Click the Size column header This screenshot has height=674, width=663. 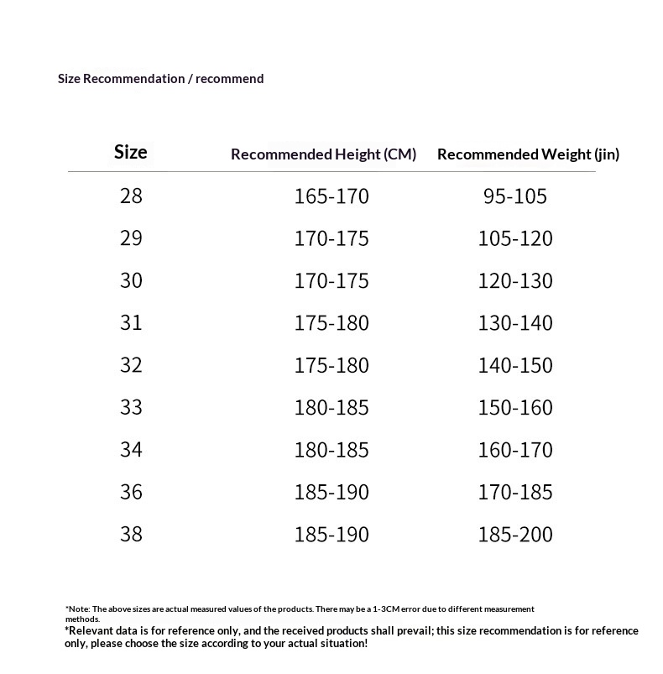pos(130,152)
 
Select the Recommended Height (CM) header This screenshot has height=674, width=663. pos(323,154)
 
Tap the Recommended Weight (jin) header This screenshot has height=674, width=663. pos(528,154)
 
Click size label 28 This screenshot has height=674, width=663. pos(131,196)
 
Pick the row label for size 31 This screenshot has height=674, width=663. pos(131,323)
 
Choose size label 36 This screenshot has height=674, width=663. pos(131,492)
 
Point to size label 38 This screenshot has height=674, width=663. pos(131,534)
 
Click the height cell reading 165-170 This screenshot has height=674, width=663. pos(331,196)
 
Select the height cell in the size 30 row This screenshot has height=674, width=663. pos(331,281)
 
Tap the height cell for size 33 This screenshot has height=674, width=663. pos(331,408)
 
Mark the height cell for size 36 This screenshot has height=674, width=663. pos(331,492)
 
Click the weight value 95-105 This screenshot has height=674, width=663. pos(514,196)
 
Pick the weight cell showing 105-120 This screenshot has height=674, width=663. pos(515,239)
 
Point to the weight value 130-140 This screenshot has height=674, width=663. pos(515,323)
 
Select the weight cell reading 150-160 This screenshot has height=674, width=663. pos(515,408)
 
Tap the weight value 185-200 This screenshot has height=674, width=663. pos(515,534)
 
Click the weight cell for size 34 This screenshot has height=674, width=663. pos(515,450)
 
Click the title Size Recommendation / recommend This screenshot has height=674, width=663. pos(160,79)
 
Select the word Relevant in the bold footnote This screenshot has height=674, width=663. pos(91,630)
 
